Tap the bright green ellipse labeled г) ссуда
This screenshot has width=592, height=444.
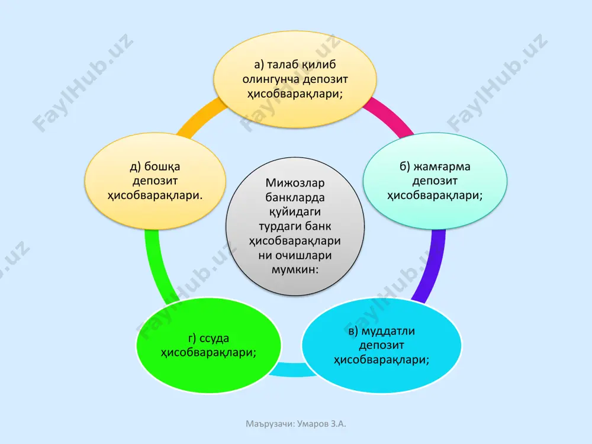[208, 345]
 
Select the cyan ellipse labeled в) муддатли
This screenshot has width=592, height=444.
[381, 345]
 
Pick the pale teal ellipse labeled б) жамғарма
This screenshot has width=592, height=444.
[435, 181]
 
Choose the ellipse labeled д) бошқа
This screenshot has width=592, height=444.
[155, 181]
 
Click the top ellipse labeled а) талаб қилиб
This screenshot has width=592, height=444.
[295, 79]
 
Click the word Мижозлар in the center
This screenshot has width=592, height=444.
[295, 183]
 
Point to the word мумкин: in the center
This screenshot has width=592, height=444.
[295, 269]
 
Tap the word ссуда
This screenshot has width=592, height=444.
[214, 338]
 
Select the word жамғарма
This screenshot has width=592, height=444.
[442, 166]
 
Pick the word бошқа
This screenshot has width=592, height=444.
[162, 166]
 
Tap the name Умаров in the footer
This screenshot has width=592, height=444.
[313, 424]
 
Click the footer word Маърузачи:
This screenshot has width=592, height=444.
[271, 424]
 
